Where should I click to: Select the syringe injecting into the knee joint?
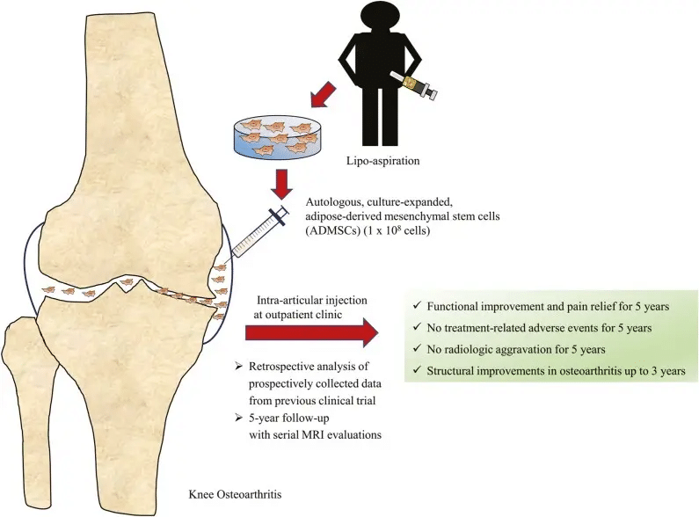tap(256, 231)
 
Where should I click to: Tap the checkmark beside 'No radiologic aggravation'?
tap(414, 349)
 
